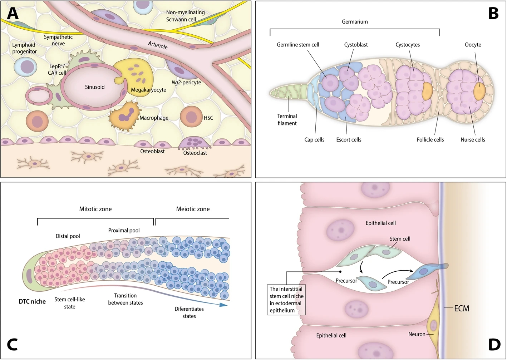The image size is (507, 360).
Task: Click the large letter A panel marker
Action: pos(13,13)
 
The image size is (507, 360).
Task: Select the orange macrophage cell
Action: pos(124,116)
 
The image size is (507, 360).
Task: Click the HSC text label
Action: pos(208,118)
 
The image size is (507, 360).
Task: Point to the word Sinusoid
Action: pos(95,87)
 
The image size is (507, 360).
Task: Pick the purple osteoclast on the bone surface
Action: pos(195,143)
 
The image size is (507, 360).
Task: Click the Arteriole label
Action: pos(158,45)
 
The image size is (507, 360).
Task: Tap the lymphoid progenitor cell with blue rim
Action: pos(25,66)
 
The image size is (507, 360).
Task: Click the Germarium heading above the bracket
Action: pos(355,22)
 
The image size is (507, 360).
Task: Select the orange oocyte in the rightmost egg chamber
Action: pos(479,91)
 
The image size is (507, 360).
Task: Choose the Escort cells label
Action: pos(349,140)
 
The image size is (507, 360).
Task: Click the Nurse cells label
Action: pos(473,140)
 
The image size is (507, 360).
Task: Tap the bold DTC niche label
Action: pos(32,301)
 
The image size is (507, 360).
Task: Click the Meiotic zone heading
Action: pos(193,209)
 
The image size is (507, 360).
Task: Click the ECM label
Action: pos(462,308)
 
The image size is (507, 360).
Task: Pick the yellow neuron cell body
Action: pos(433,326)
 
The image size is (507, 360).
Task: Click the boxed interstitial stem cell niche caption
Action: pos(286,300)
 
